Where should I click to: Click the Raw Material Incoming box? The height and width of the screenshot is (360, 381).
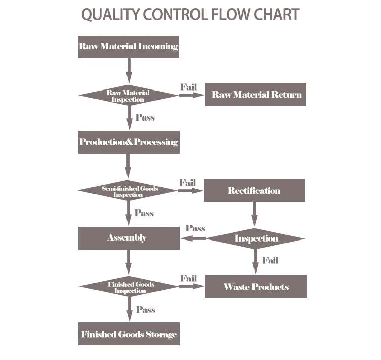point(129,47)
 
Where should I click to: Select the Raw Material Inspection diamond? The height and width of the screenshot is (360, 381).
point(129,96)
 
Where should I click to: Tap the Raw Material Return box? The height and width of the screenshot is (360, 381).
point(256,95)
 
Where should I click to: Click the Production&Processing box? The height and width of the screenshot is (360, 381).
point(129,142)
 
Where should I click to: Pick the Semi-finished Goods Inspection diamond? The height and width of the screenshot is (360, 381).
point(129,191)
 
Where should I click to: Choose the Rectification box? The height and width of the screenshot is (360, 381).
point(254,191)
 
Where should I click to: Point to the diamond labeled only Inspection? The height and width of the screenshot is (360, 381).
point(256,238)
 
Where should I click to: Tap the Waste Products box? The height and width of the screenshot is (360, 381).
point(256,286)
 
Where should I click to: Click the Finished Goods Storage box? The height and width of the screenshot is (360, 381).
point(129,334)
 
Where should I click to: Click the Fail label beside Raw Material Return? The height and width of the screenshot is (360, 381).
point(188,87)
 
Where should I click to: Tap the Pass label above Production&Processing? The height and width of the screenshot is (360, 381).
point(145,117)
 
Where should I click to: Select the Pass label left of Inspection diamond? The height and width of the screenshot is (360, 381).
point(195,228)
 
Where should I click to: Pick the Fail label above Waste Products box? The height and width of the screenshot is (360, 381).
point(270,261)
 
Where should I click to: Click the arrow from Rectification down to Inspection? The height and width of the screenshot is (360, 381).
point(255,214)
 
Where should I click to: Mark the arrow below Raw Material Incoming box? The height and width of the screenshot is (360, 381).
point(129,71)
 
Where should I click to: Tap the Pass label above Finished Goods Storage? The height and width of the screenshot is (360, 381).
point(145,310)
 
